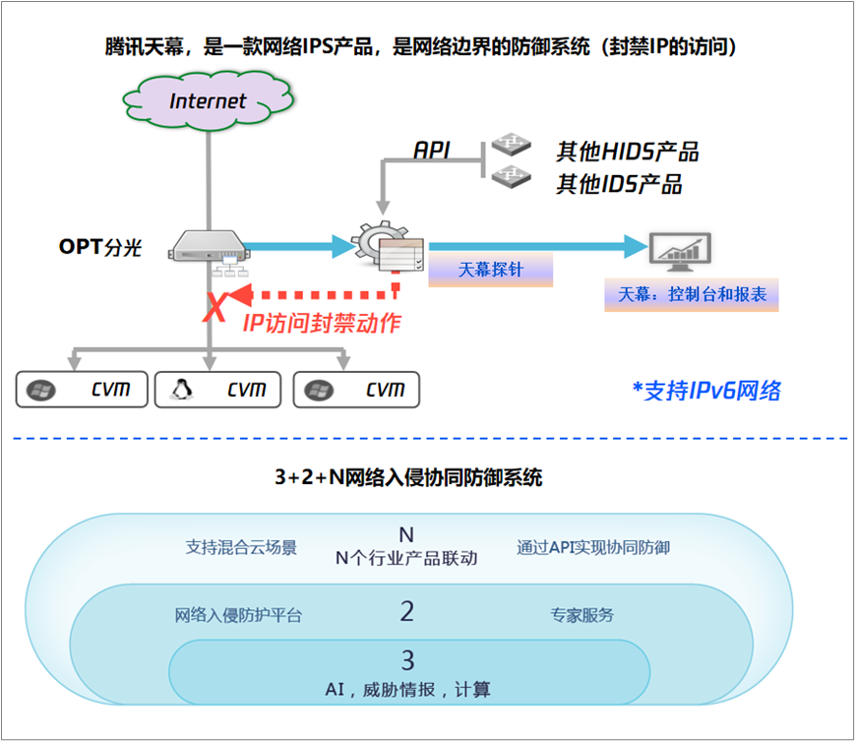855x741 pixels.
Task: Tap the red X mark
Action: [213, 307]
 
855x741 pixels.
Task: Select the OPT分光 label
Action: [100, 247]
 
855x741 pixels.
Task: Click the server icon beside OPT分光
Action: [208, 246]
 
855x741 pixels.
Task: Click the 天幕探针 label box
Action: [490, 269]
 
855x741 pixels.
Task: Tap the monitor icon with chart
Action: [679, 252]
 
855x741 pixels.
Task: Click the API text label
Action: [432, 150]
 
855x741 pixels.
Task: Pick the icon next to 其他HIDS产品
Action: [512, 147]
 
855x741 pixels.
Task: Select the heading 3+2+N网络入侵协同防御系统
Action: [408, 478]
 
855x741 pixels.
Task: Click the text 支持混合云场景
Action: [241, 547]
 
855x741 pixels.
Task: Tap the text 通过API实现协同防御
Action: [593, 547]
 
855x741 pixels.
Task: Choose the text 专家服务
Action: [581, 615]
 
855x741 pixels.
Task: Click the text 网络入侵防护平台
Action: [238, 615]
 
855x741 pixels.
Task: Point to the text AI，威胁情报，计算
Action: [407, 690]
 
